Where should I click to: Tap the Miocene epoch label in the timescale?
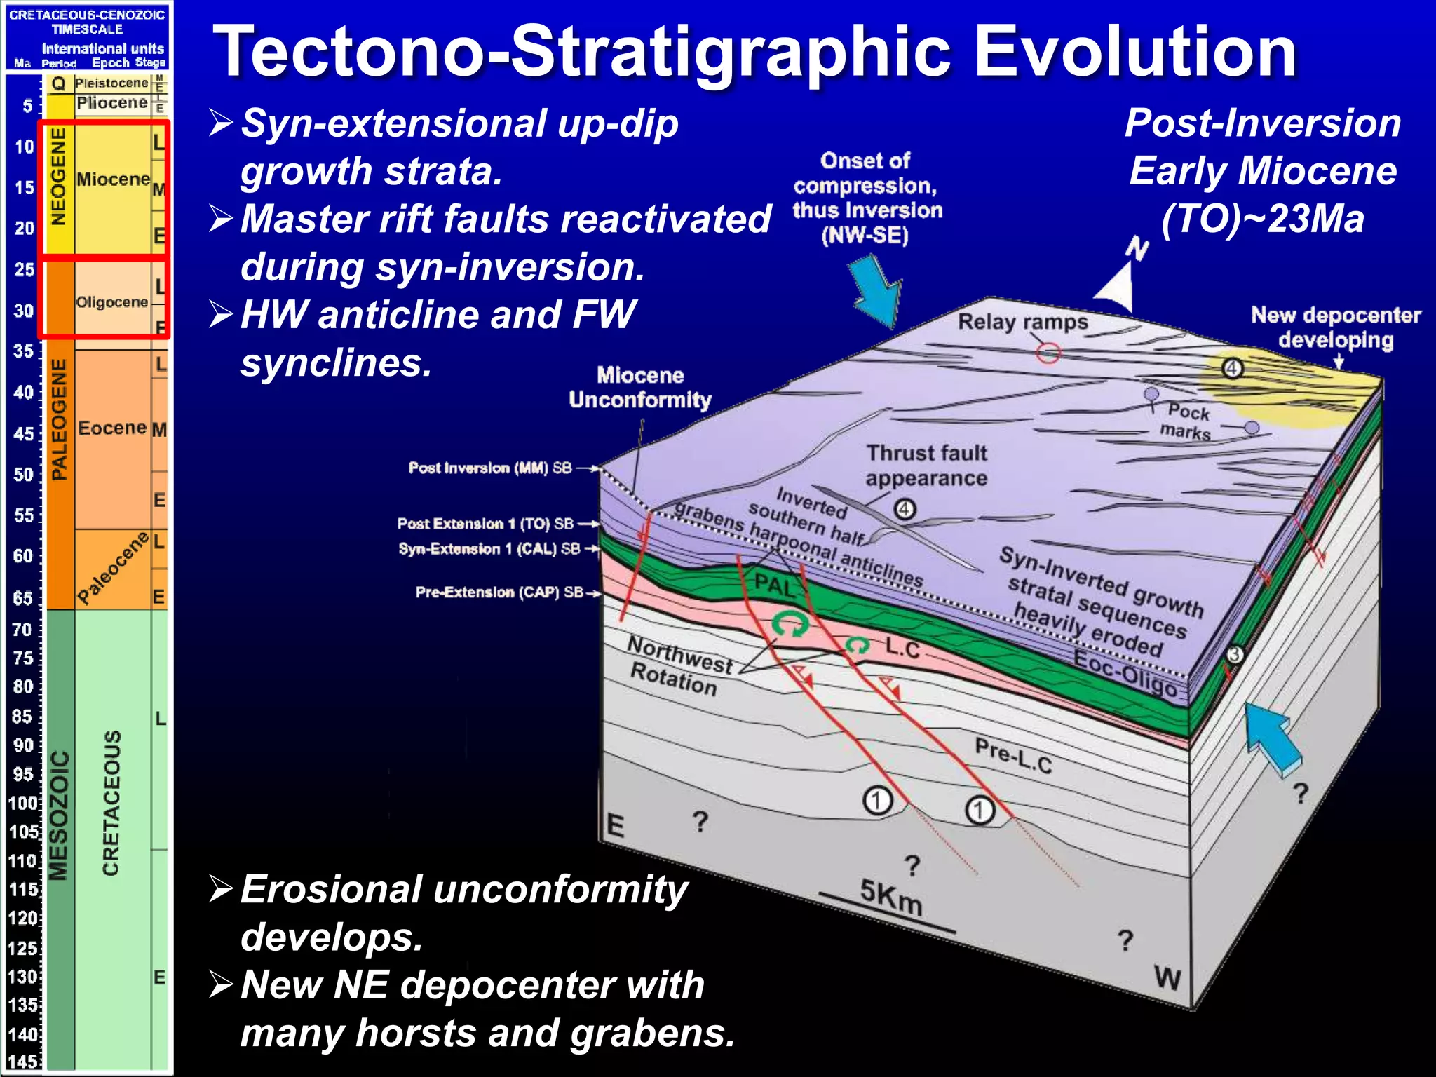[112, 179]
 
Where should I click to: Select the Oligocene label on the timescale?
[111, 302]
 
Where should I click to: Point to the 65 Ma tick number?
[23, 598]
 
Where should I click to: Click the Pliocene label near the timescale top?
[111, 103]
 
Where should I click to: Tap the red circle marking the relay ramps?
[1048, 353]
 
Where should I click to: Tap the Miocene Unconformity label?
[639, 388]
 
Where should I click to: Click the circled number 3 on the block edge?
[1234, 655]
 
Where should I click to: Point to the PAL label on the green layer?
[774, 583]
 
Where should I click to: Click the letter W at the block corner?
[1167, 977]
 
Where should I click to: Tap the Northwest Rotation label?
[677, 664]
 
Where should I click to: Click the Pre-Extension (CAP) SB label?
[499, 592]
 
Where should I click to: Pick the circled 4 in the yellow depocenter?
[1232, 369]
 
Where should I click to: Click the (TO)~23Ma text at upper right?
[1262, 219]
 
